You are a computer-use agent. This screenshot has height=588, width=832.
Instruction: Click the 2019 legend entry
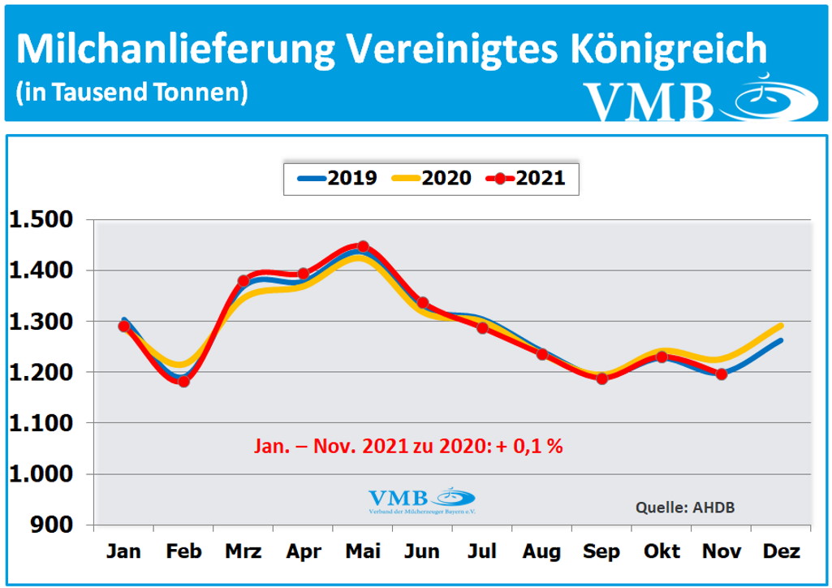(x=335, y=178)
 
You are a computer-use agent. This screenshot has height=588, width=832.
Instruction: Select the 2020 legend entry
(x=430, y=178)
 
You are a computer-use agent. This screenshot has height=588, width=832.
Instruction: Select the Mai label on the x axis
(x=363, y=552)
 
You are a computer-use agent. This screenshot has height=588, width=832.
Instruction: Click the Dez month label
(x=781, y=552)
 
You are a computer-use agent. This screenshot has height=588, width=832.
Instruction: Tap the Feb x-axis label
(x=183, y=552)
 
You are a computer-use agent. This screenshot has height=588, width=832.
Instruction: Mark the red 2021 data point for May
(x=363, y=247)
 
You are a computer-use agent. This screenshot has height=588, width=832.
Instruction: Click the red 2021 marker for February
(x=183, y=381)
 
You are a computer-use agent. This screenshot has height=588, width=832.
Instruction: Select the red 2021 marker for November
(x=721, y=374)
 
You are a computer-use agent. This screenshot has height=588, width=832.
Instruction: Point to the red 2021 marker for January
(x=124, y=326)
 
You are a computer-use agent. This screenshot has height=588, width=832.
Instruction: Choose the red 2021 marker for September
(x=601, y=378)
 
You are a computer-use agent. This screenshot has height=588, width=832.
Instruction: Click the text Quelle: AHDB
(x=684, y=508)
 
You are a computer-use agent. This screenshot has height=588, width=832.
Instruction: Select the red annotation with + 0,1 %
(x=410, y=446)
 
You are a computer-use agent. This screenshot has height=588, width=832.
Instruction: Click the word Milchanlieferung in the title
(x=173, y=50)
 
